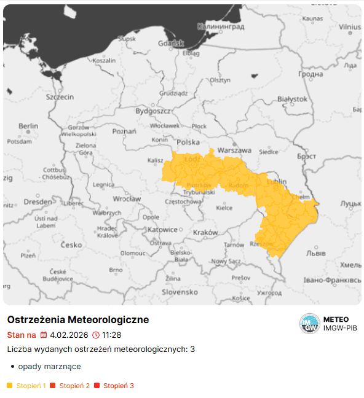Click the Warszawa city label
235,150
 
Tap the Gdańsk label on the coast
171,43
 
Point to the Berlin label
28,126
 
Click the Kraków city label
205,233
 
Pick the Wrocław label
128,199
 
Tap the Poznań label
124,131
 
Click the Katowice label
162,230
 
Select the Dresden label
38,202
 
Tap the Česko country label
71,245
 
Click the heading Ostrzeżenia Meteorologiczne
78,320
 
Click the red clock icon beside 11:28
95,335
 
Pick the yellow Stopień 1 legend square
10,386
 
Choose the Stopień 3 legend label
118,386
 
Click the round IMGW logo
310,324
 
